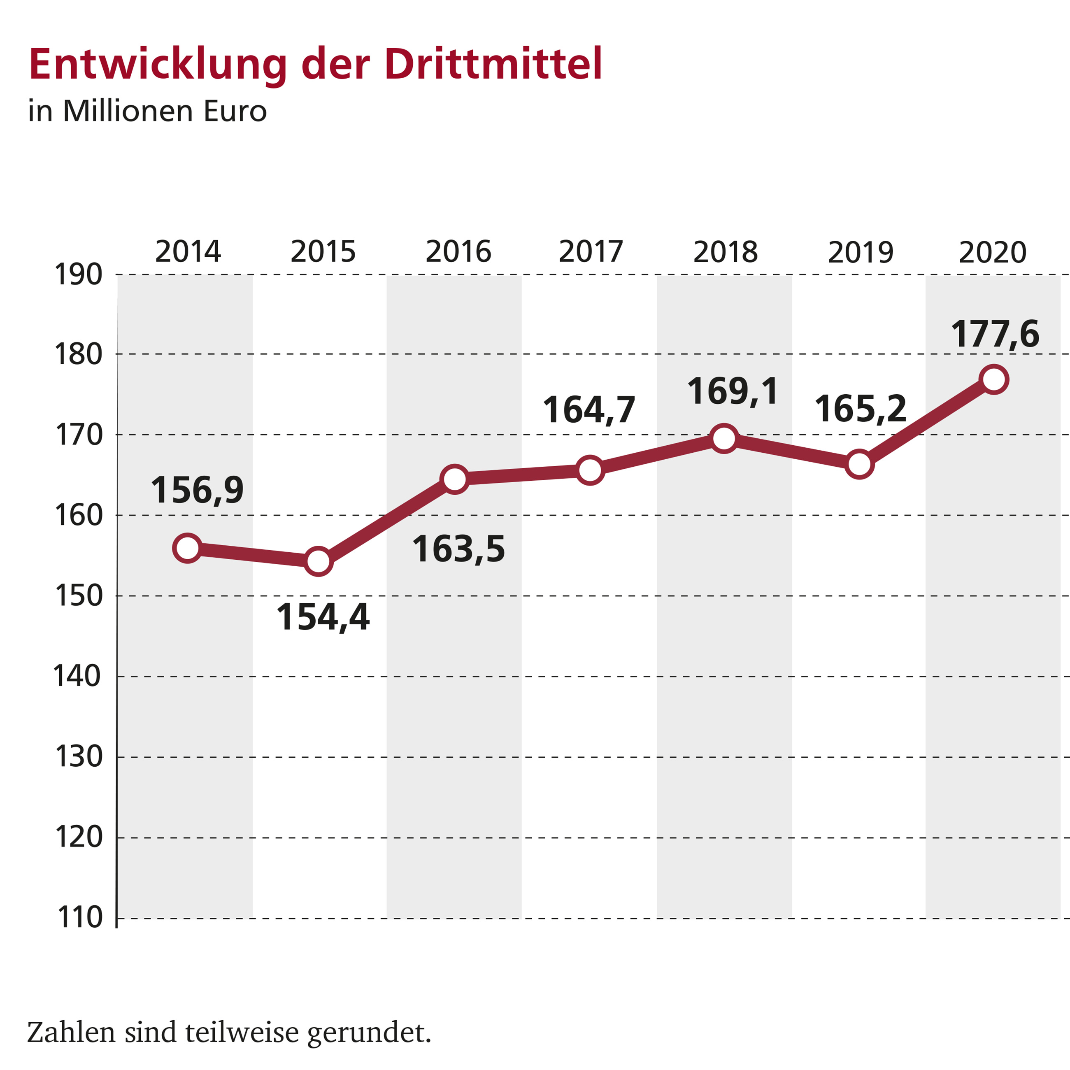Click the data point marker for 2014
click(x=187, y=548)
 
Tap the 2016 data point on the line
click(x=455, y=479)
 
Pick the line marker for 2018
click(x=724, y=439)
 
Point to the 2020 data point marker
click(x=993, y=379)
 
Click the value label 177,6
click(x=995, y=335)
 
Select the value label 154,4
click(x=323, y=617)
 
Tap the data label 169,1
click(x=733, y=391)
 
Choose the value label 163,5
click(x=458, y=549)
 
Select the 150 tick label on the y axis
click(x=79, y=596)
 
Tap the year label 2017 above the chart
click(x=591, y=252)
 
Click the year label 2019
click(x=860, y=253)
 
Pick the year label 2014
click(x=188, y=252)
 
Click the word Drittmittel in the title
click(x=493, y=65)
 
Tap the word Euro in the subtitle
click(x=235, y=111)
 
